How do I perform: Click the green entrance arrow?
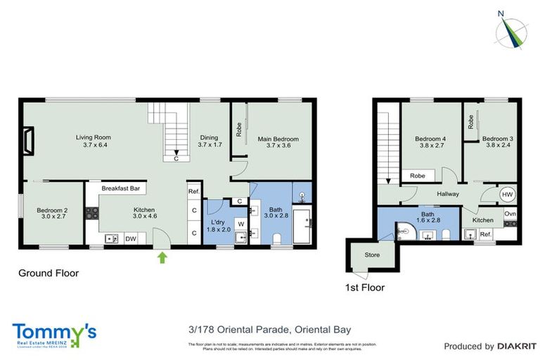164,258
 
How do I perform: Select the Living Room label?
94,141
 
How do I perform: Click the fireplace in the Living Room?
27,141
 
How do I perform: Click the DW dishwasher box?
131,239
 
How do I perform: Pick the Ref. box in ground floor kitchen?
194,191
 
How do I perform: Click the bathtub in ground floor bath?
302,226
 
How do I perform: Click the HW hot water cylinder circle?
506,195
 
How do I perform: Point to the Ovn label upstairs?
510,213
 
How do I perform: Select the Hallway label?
448,194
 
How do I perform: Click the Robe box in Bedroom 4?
418,176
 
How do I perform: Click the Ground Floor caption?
48,273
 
